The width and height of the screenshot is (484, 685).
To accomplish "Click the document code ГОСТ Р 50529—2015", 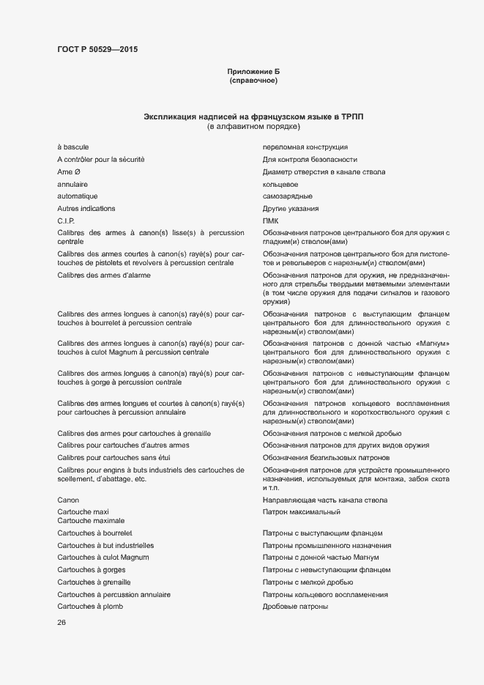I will tap(97, 50).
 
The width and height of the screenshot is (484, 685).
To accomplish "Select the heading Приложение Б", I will tap(253, 71).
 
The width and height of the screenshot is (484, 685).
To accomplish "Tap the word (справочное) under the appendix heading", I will tap(253, 81).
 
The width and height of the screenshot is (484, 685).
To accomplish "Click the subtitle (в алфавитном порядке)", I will tap(253, 127).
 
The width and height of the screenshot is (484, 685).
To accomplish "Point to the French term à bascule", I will tap(73, 147).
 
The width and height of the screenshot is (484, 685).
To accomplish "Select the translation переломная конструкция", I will tap(305, 147).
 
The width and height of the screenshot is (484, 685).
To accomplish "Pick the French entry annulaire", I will tap(72, 184).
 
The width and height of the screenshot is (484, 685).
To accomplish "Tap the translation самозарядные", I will tap(288, 196).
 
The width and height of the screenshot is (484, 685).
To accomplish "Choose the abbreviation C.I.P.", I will tap(67, 221).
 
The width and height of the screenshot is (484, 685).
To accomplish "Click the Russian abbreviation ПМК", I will tap(271, 221).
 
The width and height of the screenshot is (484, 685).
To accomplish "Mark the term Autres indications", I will tap(86, 209).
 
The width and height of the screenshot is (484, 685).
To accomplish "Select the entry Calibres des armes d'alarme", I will tap(104, 275).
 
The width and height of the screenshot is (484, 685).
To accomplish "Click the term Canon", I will tap(68, 500).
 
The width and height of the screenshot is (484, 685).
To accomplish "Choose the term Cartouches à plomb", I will tap(91, 607).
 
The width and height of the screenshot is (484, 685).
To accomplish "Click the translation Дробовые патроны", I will tap(295, 607).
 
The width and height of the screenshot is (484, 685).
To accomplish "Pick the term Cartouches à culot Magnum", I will tap(103, 558).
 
